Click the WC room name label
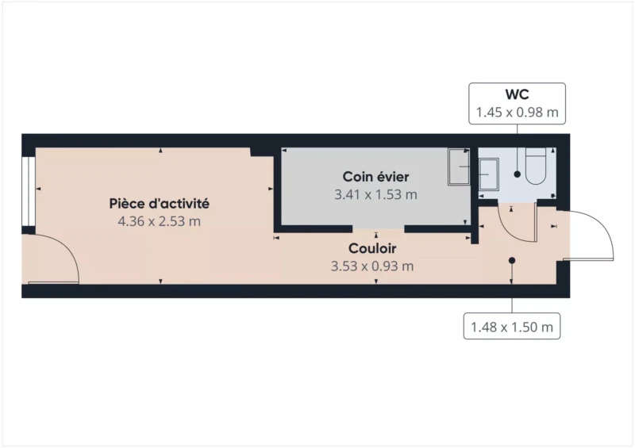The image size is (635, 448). point(518,94)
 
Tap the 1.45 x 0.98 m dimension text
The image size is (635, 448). point(518,112)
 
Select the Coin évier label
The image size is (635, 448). point(375,177)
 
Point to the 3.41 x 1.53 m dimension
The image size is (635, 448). point(375,194)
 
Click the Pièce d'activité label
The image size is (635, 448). point(160,203)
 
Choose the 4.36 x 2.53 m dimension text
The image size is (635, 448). point(160,221)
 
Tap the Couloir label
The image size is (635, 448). point(372,248)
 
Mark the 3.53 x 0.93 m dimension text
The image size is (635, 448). point(372,266)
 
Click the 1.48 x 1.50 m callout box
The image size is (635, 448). point(512,326)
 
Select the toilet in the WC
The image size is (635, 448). point(536,166)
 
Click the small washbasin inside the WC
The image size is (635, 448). point(488,174)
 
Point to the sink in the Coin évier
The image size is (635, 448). point(459,167)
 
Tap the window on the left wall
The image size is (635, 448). point(29,191)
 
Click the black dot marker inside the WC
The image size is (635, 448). point(518,174)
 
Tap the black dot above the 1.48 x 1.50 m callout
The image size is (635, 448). point(512,261)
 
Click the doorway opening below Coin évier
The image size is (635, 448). point(379,229)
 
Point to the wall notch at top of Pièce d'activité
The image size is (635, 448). point(262,152)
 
